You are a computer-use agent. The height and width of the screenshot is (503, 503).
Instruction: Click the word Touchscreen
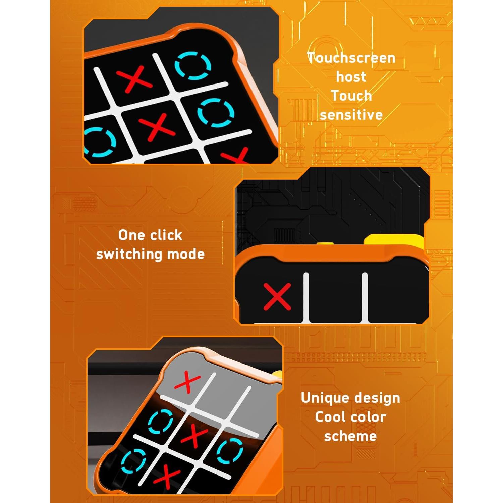pyautogui.click(x=351, y=58)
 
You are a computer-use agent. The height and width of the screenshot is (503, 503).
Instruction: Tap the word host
pyautogui.click(x=351, y=77)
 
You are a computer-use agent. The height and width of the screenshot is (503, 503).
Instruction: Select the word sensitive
pyautogui.click(x=351, y=115)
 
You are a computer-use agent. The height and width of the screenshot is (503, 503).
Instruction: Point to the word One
pyautogui.click(x=131, y=235)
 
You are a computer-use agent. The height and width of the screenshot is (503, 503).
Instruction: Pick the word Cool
pyautogui.click(x=330, y=417)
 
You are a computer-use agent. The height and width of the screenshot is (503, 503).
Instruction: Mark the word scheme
pyautogui.click(x=350, y=436)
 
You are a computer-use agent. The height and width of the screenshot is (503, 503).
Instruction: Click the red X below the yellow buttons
pyautogui.click(x=277, y=296)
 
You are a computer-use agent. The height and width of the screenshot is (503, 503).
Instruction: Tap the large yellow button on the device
pyautogui.click(x=394, y=241)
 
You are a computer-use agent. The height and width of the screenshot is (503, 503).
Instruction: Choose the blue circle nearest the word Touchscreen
pyautogui.click(x=193, y=65)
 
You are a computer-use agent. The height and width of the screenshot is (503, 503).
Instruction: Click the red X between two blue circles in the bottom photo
pyautogui.click(x=194, y=435)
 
